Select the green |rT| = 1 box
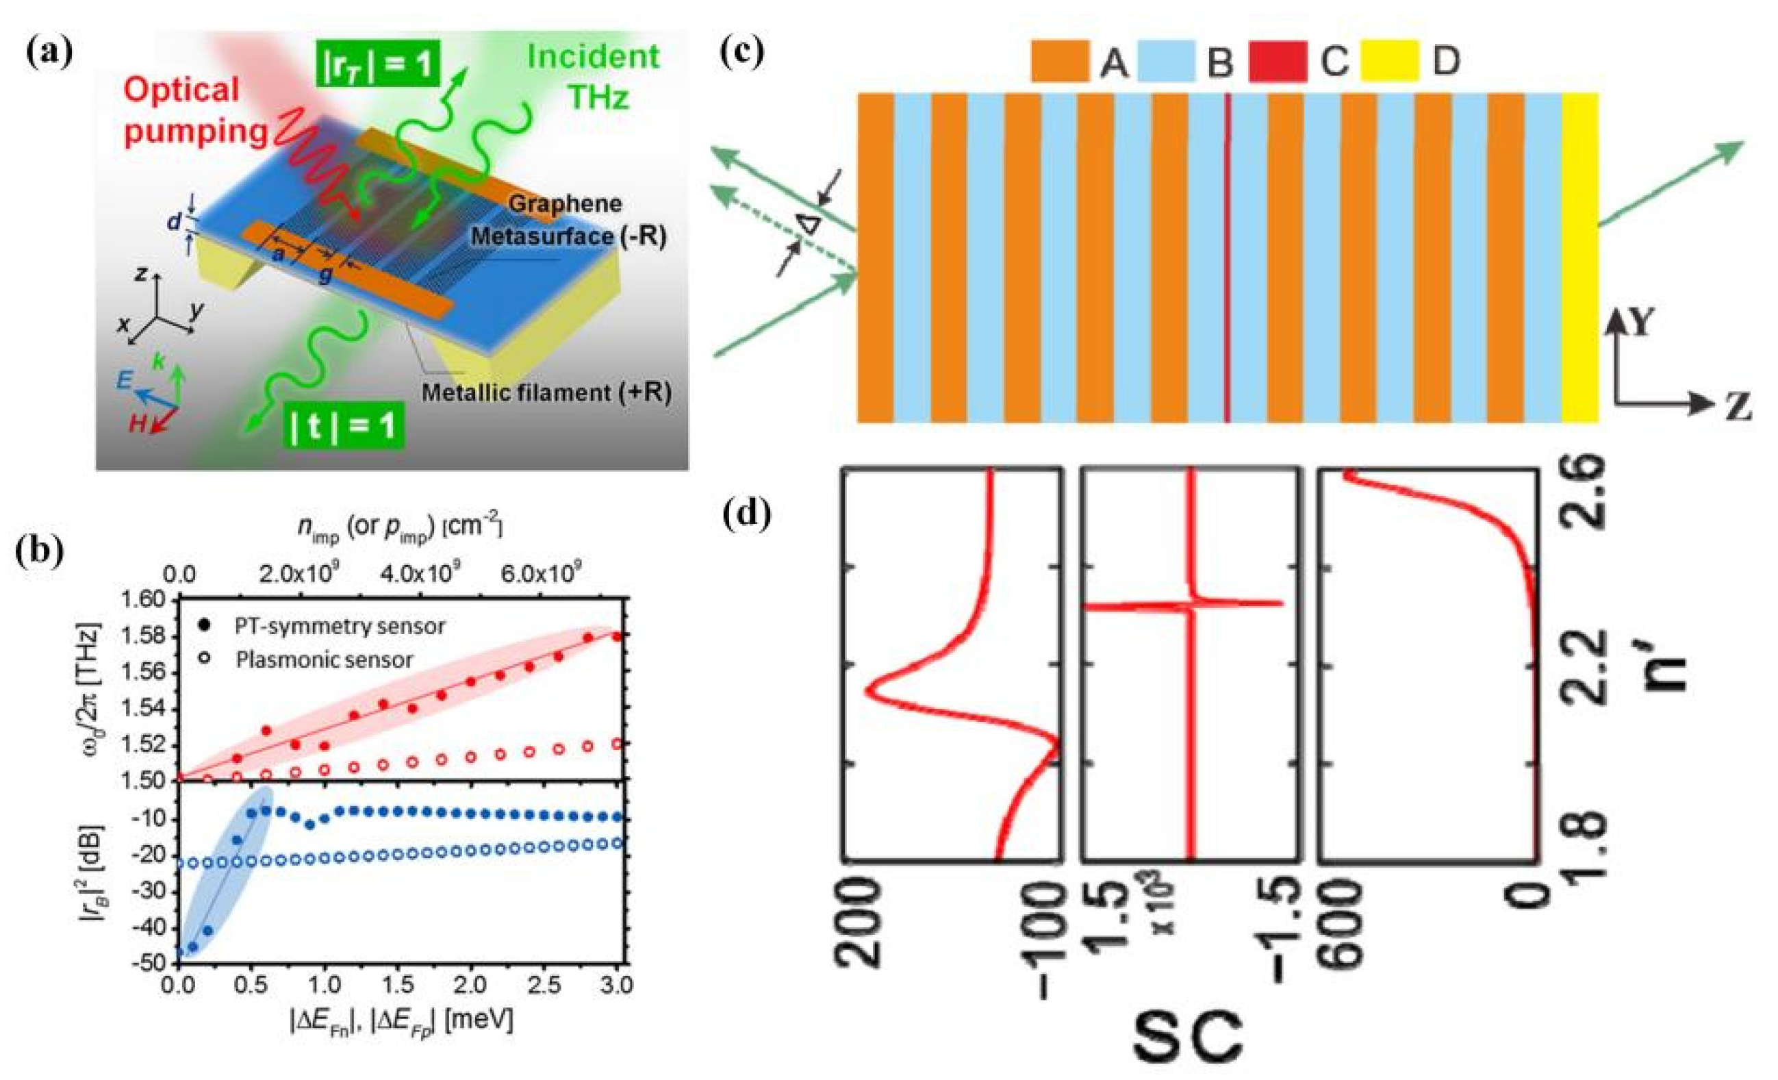(x=376, y=66)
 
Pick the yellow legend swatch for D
(x=1390, y=62)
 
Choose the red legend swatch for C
(x=1278, y=62)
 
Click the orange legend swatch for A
(x=1059, y=62)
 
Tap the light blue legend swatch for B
(x=1167, y=62)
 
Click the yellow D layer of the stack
(x=1579, y=256)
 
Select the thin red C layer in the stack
(x=1228, y=256)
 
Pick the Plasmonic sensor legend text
(x=324, y=659)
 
